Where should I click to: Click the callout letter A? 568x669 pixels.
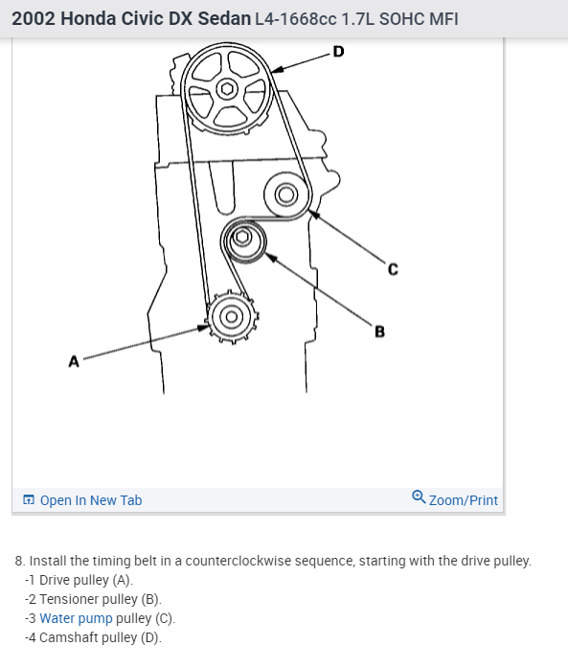74,361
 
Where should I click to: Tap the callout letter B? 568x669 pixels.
379,332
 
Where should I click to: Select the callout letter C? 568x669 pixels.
393,269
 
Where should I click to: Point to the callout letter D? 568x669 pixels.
338,52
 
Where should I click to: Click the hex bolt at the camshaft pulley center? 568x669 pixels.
227,89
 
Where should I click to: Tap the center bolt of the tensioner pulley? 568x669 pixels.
242,238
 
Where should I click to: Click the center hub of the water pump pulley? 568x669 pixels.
285,195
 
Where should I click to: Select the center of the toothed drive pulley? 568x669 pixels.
232,317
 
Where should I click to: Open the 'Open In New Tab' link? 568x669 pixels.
91,500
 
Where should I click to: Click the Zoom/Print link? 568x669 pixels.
463,500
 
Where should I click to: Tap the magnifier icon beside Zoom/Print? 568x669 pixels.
419,497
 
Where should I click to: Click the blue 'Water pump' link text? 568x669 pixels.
76,618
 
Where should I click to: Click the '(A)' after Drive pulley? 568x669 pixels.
123,580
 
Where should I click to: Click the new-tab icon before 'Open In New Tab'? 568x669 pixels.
29,499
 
